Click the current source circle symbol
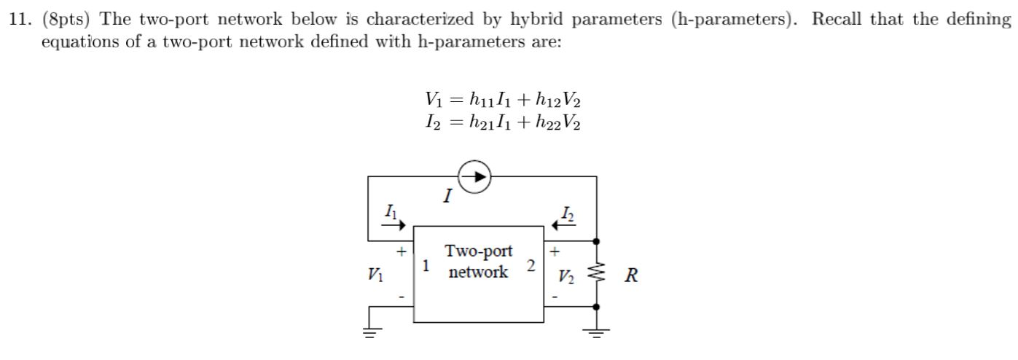point(474,176)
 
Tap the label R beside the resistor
point(631,276)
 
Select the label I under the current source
point(448,195)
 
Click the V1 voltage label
point(375,275)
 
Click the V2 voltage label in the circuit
point(565,276)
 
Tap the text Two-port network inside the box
point(478,262)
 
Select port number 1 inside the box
point(426,266)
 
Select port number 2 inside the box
point(531,266)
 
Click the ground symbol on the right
point(597,333)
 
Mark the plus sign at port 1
point(400,252)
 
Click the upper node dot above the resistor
point(597,240)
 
